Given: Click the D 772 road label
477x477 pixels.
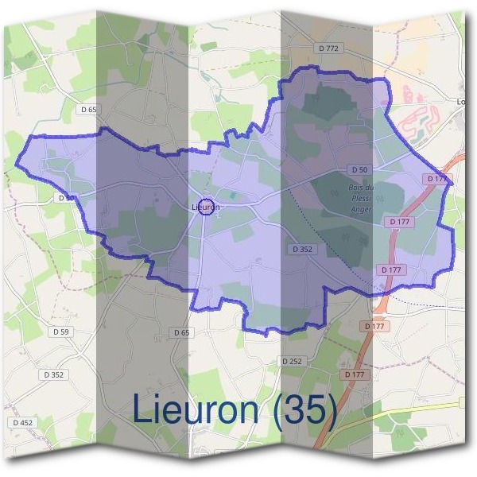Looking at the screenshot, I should pos(328,48).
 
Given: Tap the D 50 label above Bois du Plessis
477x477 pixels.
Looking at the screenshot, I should pos(359,170).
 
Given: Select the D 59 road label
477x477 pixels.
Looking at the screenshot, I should pos(59,331).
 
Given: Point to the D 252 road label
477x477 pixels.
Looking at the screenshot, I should pos(292,361).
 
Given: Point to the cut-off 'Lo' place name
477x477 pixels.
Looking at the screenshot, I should pos(462,101).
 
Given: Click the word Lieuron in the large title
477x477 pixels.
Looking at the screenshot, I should pos(194,409).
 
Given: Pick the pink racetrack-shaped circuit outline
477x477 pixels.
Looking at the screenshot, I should pos(421,120).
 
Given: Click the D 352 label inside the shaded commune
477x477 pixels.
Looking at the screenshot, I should pos(303,249).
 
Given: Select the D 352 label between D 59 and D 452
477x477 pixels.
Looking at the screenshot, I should pos(54,374).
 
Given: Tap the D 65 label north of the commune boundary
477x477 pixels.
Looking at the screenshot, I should pos(88,109).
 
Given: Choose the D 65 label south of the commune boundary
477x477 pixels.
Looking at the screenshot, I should pos(182,332).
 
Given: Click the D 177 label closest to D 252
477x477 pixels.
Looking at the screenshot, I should pos(355,374).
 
